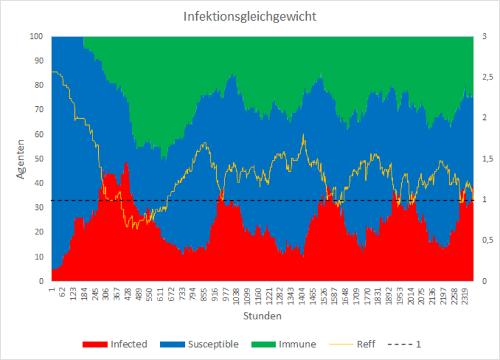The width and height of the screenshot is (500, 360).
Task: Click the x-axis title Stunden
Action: tap(262, 316)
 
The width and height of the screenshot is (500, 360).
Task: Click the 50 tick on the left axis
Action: tap(39, 159)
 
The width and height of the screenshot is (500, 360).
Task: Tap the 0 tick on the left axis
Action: tap(42, 281)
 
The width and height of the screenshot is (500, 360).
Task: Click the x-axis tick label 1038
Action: tap(236, 294)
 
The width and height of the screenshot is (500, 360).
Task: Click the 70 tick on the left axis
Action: tap(39, 110)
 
